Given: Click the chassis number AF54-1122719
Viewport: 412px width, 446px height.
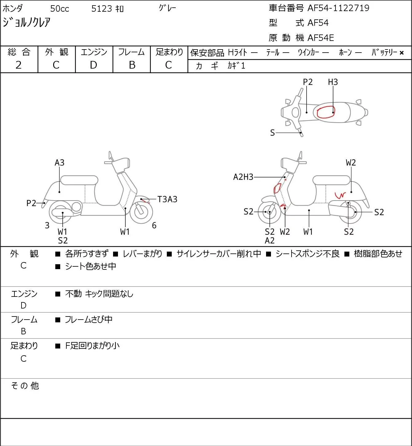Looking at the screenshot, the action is [338, 8].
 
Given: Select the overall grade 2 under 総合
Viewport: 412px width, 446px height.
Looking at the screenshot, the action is [19, 65].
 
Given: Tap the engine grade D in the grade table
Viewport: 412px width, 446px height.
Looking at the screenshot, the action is [93, 65].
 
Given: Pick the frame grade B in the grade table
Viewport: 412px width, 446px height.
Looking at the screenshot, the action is [132, 65].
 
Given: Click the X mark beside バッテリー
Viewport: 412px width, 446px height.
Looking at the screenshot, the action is [402, 53].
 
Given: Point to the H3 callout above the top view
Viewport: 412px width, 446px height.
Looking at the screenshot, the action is [333, 82].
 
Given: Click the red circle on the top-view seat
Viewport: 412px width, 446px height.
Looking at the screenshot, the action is [326, 112].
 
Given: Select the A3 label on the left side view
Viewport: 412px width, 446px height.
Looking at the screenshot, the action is [60, 162].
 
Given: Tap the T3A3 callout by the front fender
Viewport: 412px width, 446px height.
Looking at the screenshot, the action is [167, 199].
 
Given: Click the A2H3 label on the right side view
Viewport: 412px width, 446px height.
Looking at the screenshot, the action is [243, 177].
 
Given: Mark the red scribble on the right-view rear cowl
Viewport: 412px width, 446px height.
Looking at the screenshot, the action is [340, 195].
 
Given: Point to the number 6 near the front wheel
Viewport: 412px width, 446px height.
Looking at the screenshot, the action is [154, 225].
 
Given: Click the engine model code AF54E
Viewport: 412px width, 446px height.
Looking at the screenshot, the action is [321, 38].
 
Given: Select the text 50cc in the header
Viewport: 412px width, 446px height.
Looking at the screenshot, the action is [60, 9].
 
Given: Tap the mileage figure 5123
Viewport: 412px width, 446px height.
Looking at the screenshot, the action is [101, 9].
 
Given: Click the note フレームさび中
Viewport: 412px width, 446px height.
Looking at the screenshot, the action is [88, 319].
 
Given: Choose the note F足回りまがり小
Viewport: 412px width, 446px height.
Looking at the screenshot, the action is [92, 346].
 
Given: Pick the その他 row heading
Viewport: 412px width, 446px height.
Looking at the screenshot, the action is [25, 386].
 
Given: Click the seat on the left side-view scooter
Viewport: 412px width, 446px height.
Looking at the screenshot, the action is [79, 180].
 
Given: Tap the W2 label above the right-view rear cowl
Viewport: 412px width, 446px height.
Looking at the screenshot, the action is [351, 162].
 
